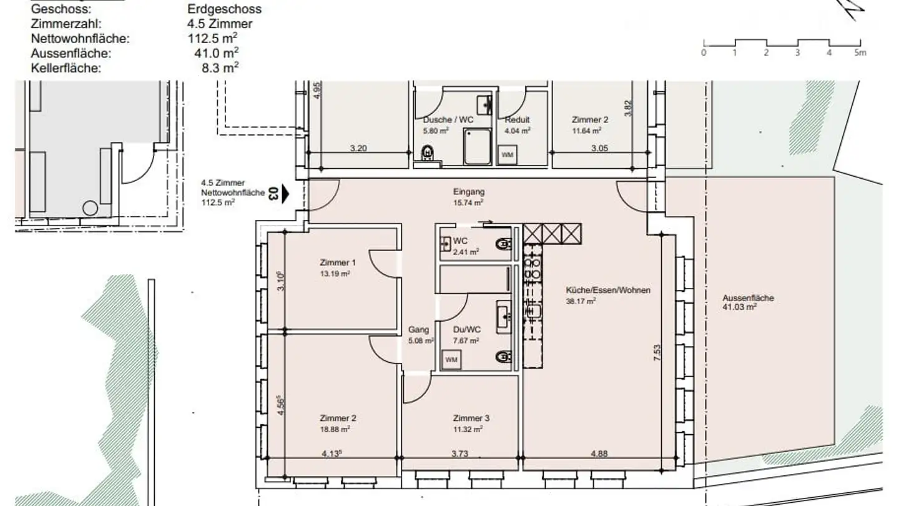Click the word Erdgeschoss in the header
tap(224, 9)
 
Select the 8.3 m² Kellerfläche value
tap(216, 67)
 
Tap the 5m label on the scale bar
tap(860, 53)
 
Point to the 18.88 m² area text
tap(335, 429)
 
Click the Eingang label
tap(468, 192)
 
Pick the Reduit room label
tap(518, 120)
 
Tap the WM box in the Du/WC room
tap(451, 360)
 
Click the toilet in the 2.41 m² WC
tap(503, 244)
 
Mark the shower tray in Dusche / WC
tap(477, 147)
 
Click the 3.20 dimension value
tap(358, 148)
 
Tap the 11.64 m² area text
tap(586, 131)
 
